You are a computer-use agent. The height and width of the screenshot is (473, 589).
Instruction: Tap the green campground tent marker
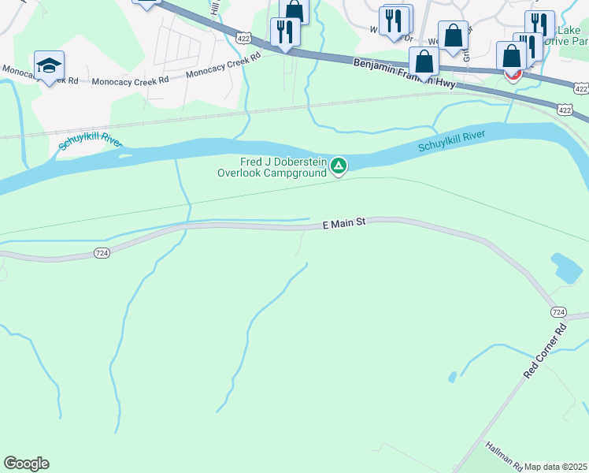coord(339,166)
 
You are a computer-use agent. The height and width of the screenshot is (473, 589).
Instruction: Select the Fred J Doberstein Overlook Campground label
coord(272,168)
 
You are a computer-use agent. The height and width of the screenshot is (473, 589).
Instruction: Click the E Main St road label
coord(345,224)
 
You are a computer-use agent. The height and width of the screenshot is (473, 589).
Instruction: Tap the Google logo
coord(26,464)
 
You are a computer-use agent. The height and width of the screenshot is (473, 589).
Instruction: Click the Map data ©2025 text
coord(556,467)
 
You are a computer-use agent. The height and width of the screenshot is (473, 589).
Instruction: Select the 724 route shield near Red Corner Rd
coord(558,312)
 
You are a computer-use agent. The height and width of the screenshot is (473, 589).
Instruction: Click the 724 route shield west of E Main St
coord(101,253)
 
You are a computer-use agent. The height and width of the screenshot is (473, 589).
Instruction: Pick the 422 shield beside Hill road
coord(243,37)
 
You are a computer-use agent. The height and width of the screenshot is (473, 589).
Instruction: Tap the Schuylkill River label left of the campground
coord(91,143)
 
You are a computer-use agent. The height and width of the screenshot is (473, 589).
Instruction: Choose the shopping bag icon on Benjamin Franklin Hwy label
coord(424,61)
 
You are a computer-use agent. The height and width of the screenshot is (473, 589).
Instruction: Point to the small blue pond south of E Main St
coord(567,268)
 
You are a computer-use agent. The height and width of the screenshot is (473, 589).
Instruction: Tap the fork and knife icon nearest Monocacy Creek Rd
coord(283,32)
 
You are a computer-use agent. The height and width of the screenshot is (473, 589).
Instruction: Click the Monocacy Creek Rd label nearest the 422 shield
coord(223,66)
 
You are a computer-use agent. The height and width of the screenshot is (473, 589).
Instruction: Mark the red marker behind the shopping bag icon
coord(513,76)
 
